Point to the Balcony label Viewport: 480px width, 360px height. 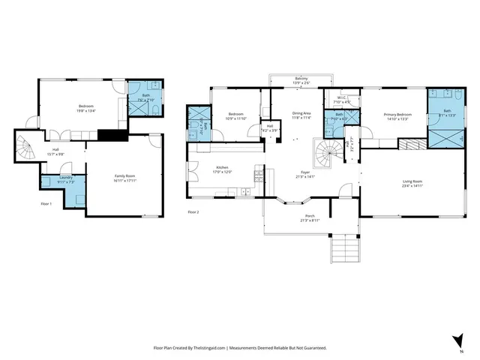click(300, 79)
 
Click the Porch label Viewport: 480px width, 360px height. click(310, 216)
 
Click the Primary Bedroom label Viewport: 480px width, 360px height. click(396, 114)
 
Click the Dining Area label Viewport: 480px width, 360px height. click(302, 113)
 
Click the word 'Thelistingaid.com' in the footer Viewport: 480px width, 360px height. click(205, 348)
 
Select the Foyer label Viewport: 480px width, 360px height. click(310, 172)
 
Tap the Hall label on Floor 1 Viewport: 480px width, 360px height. click(55, 150)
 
